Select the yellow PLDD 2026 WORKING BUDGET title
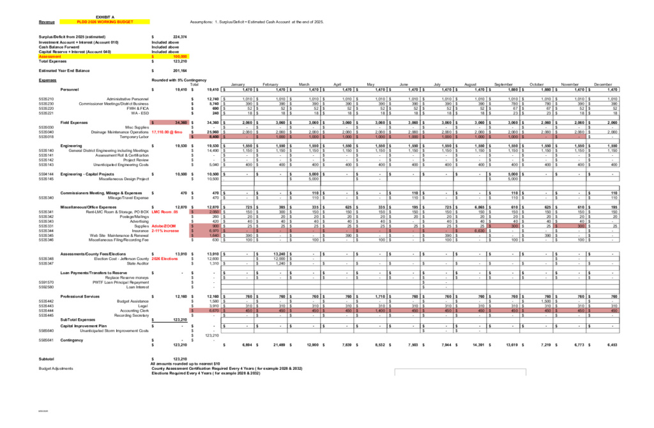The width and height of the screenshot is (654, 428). point(105,22)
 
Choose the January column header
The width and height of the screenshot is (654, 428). point(238,84)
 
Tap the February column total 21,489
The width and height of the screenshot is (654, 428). point(276,344)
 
